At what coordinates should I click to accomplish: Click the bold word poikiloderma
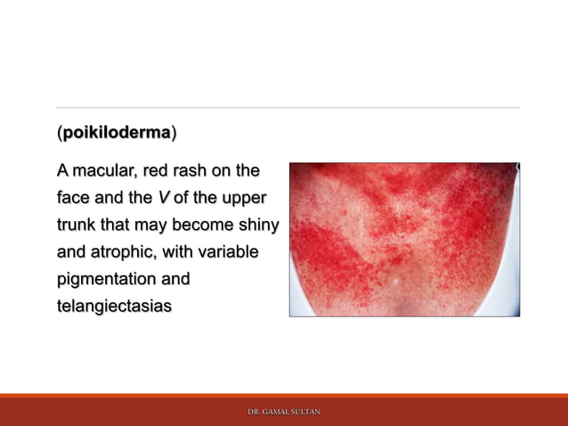117,134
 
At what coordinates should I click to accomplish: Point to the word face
74,197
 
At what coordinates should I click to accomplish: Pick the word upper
242,197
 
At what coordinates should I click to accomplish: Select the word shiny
256,225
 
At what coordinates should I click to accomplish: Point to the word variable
228,252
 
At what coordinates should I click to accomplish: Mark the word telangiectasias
115,307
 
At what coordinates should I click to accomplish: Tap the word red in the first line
161,169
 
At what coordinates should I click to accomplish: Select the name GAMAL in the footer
276,412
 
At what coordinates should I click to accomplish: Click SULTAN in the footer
306,412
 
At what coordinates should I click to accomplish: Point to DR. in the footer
254,412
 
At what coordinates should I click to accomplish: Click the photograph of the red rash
404,239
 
